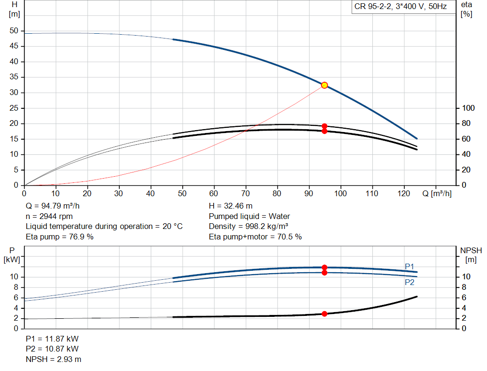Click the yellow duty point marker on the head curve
(x=324, y=85)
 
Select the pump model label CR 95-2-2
(x=400, y=7)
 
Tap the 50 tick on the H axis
(x=14, y=31)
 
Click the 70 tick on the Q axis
(x=246, y=193)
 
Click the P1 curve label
(x=409, y=266)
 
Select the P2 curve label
(x=409, y=282)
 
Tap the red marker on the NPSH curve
(x=324, y=314)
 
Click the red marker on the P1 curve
(x=324, y=267)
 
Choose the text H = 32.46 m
(x=231, y=206)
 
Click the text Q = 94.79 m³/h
(x=53, y=206)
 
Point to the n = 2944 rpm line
(x=49, y=216)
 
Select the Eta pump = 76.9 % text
(x=59, y=237)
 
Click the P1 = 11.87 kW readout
(x=52, y=339)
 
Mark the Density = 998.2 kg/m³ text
(x=249, y=227)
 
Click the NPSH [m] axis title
(x=471, y=255)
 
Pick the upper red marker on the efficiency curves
(x=324, y=126)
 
